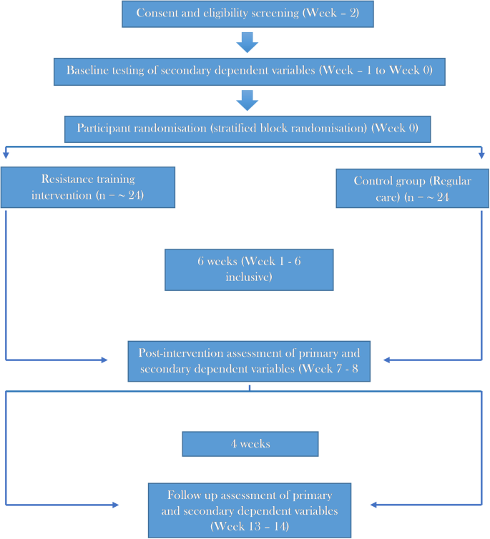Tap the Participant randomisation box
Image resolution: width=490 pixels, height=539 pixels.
tap(248, 130)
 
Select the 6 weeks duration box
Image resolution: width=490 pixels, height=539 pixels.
tap(249, 269)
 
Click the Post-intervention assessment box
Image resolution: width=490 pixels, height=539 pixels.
tap(249, 360)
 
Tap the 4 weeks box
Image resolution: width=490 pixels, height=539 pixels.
tap(250, 444)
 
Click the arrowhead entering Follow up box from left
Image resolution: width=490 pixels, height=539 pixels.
tap(114, 505)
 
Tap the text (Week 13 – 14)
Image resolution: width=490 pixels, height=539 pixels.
tap(249, 525)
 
